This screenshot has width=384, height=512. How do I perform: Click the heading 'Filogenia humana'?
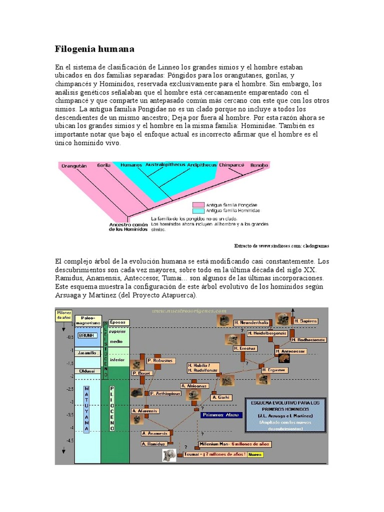coord(94,49)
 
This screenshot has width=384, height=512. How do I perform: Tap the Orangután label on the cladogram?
coord(74,165)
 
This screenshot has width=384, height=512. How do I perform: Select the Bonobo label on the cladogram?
coord(259,165)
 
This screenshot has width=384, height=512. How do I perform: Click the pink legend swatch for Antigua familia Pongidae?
coord(199,204)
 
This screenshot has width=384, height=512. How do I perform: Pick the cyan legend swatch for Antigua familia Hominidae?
coord(199,211)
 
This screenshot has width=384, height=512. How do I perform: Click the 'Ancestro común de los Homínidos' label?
coord(128,227)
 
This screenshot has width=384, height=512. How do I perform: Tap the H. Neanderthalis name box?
coord(251,322)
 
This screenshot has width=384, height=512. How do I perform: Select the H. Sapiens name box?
coord(305,321)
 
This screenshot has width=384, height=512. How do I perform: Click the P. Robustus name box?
coord(160,360)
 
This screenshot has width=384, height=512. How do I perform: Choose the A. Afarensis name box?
coord(145,410)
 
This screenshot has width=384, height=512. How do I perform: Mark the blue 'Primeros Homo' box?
coord(221,414)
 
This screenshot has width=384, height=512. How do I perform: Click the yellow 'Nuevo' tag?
coord(255,454)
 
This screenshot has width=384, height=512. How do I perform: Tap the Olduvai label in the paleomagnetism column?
coord(87,371)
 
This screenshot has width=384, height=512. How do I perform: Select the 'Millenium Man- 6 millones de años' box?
coord(234,444)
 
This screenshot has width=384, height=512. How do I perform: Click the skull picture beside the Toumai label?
coord(169,454)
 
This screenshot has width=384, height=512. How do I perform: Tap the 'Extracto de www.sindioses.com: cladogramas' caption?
coord(281,246)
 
